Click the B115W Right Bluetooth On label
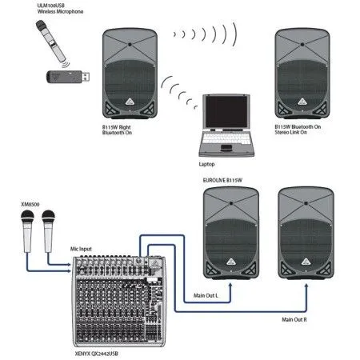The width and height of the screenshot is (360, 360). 124,130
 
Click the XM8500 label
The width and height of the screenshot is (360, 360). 30,204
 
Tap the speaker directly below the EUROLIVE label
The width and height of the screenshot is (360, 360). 229,231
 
